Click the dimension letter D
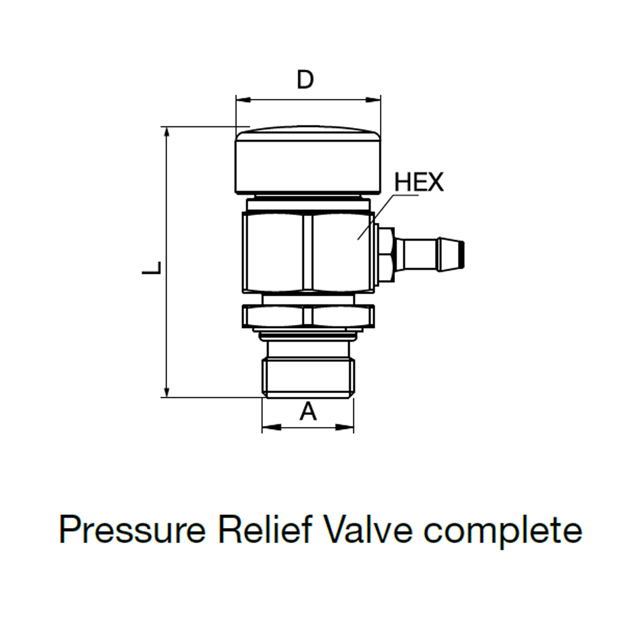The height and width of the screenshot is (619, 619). [305, 80]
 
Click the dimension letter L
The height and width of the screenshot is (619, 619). [152, 268]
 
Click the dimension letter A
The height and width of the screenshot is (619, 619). [308, 410]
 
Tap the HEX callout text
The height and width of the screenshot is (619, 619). [419, 183]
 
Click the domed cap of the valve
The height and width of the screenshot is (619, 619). [308, 158]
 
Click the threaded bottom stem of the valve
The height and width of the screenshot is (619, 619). [308, 375]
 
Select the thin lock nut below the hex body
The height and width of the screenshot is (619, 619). [308, 316]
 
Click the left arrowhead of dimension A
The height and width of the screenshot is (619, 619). [268, 427]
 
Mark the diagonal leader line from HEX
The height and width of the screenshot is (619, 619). [375, 217]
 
